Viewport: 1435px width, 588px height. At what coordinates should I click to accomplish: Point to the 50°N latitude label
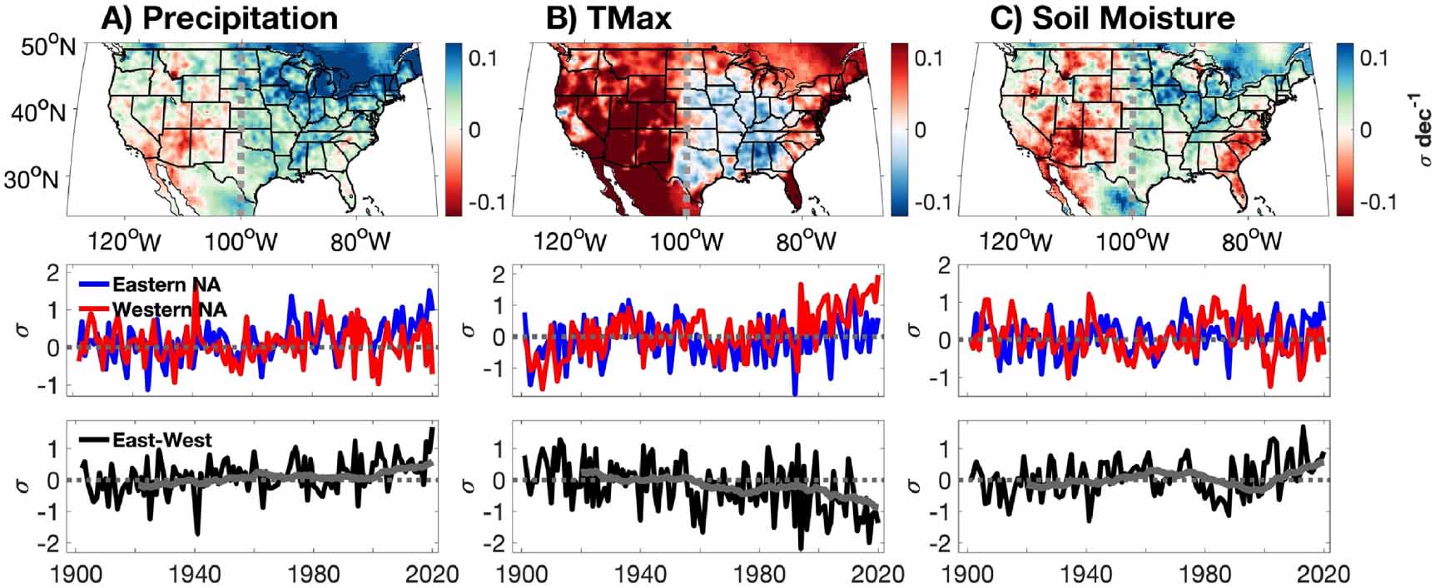[47, 47]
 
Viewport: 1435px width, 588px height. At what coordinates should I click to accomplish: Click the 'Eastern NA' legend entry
[166, 284]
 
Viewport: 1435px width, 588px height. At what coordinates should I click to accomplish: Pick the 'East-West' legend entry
[161, 440]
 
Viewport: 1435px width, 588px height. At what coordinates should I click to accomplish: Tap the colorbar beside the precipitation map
[453, 129]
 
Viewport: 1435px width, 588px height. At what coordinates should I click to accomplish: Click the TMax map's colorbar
[898, 129]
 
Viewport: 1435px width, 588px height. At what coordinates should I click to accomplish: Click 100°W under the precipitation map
[241, 242]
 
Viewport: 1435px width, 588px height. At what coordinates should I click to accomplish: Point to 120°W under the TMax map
[570, 242]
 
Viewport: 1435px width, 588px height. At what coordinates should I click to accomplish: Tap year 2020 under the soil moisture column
[1324, 574]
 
